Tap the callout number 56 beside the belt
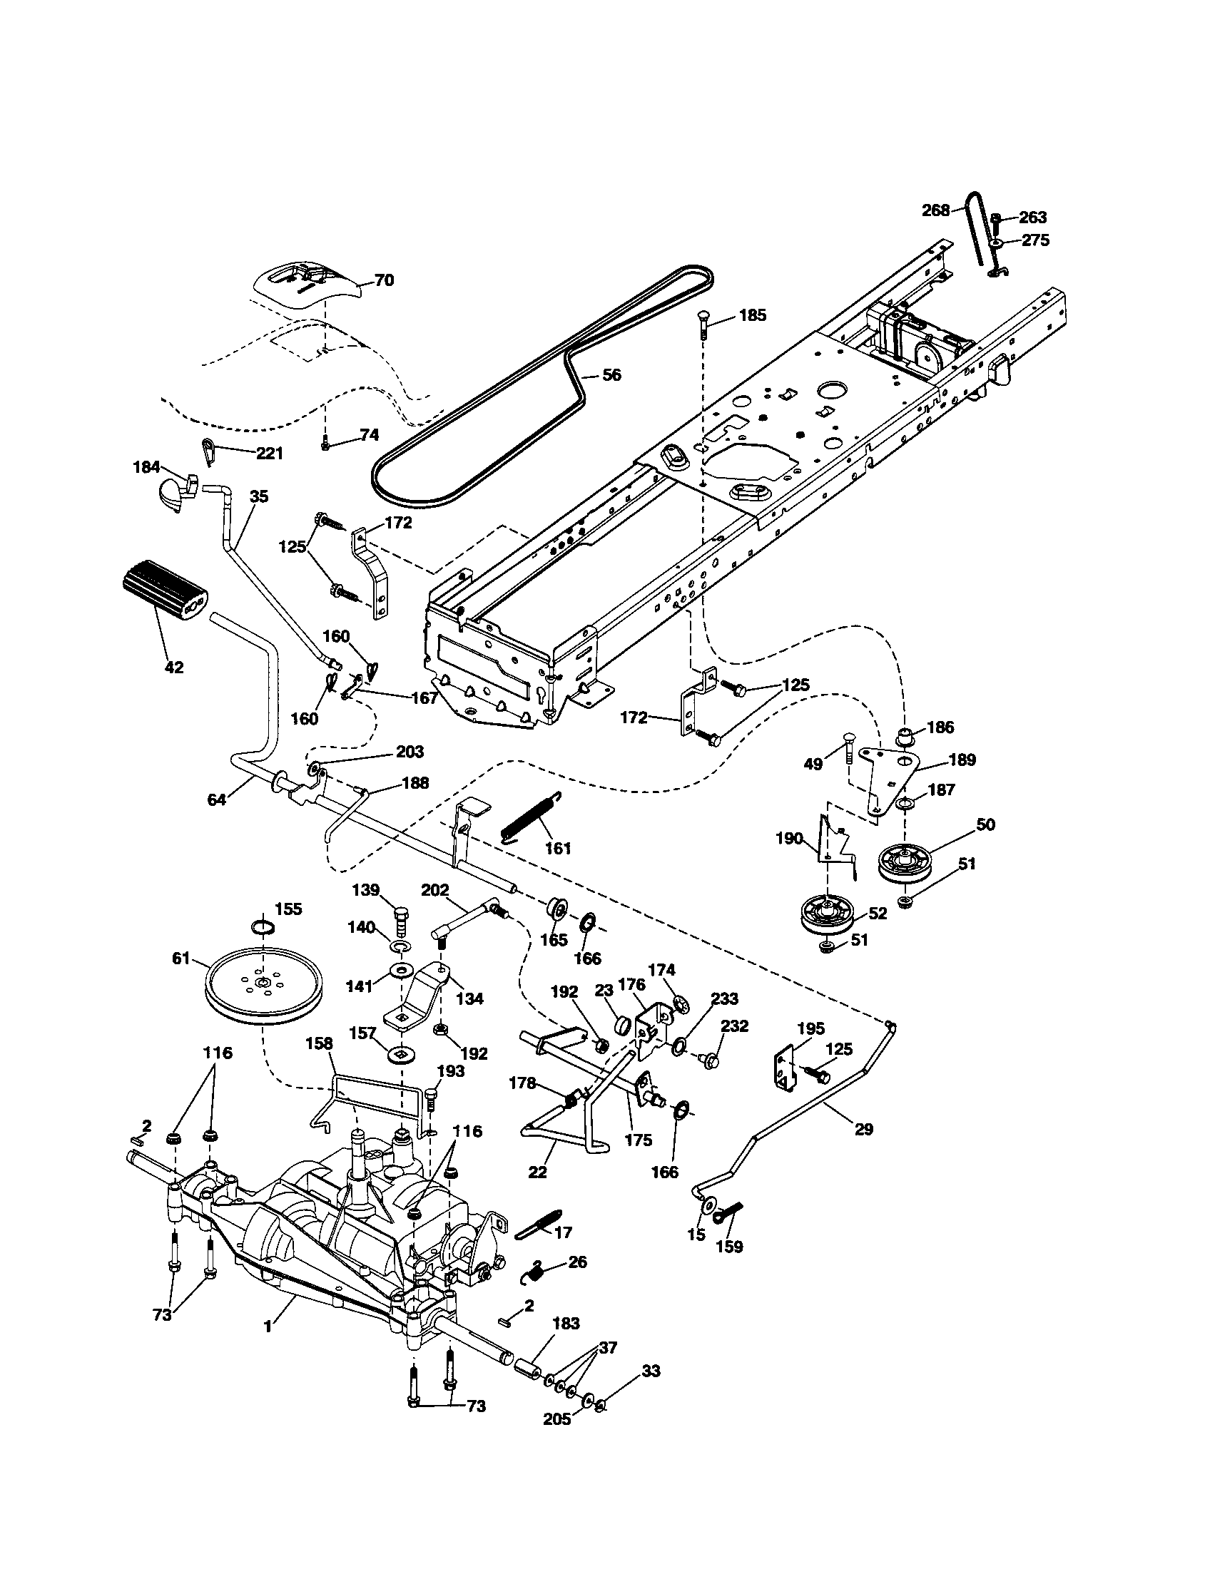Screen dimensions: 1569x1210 click(611, 375)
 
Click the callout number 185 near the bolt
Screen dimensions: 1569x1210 click(752, 315)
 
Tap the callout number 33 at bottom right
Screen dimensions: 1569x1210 click(651, 1372)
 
